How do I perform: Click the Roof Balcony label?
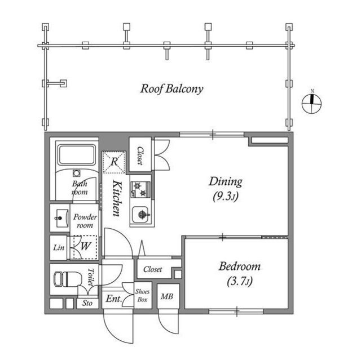171,89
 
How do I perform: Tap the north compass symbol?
311,103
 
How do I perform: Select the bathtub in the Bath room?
77,155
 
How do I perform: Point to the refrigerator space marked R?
114,162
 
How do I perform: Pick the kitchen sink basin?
140,215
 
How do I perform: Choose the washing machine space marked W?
85,247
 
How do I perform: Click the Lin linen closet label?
59,247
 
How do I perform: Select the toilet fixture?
68,279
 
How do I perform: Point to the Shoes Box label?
143,296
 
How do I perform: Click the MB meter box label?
167,296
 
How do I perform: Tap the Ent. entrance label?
114,299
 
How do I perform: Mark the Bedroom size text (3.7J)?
240,281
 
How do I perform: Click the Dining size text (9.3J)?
226,196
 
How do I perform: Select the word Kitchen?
117,198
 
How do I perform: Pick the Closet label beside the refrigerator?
140,155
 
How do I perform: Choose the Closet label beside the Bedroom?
153,269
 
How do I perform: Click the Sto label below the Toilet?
87,303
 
